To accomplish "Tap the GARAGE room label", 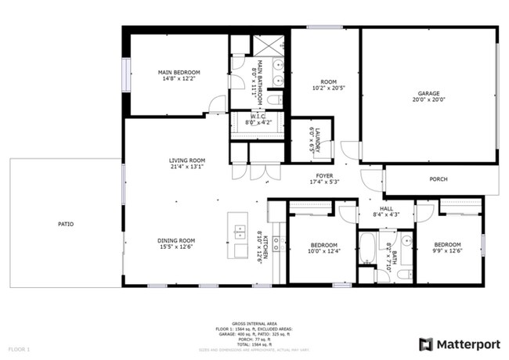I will tap(428, 93).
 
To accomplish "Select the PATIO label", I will tap(66, 225).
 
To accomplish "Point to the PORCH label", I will tap(439, 179).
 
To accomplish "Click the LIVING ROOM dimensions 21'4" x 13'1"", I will tap(186, 166).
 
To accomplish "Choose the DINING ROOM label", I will tap(175, 240).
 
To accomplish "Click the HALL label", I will tap(386, 208).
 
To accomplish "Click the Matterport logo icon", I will tap(426, 344).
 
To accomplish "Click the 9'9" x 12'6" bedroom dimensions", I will tap(447, 251).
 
